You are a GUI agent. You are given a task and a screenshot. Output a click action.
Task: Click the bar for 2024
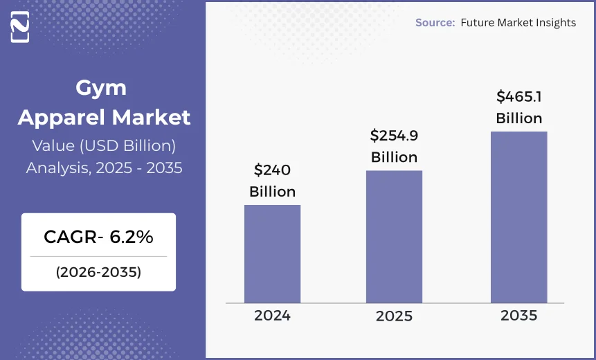coord(272,253)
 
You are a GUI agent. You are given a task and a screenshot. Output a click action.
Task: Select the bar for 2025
coord(394,236)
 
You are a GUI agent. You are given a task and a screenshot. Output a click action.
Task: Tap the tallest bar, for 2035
coord(518,217)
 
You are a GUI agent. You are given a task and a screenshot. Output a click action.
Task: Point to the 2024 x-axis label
coord(272,316)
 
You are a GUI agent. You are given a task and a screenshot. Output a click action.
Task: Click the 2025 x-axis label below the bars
coord(394,316)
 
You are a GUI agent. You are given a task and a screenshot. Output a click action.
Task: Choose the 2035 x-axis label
coord(518,316)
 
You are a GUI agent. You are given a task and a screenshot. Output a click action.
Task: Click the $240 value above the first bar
coord(272,170)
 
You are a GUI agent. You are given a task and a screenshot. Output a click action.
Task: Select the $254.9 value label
coord(394,135)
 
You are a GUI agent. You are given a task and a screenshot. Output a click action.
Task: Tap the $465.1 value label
coord(518,96)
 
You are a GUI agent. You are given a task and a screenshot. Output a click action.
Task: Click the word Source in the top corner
coord(434,23)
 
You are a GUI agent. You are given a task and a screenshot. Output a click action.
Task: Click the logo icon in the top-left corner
coord(20,28)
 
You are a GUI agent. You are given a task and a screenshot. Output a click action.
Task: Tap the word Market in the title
coord(151,117)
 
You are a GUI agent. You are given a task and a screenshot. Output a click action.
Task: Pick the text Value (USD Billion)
coord(104,145)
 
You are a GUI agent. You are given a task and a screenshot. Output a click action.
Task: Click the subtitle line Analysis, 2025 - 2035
coord(104,168)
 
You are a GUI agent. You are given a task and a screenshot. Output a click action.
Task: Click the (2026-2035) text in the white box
coord(98,272)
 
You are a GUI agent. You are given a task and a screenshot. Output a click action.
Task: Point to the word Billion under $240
coord(272,192)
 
